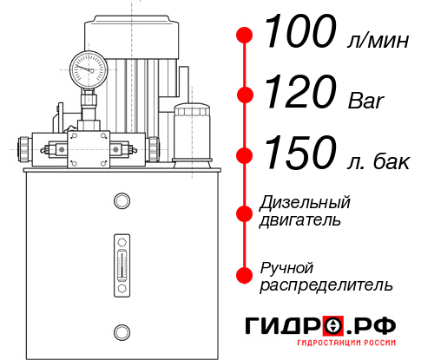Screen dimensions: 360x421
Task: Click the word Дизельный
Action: (306, 203)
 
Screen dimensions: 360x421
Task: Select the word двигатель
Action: (300, 220)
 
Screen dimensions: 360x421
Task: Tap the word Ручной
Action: (286, 267)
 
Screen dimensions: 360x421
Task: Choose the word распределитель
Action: (326, 285)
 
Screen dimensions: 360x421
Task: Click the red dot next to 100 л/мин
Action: (246, 36)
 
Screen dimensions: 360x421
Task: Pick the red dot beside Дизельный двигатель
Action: (246, 213)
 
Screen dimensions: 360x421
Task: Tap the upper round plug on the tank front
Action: (122, 200)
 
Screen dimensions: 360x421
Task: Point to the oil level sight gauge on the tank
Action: (122, 260)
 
